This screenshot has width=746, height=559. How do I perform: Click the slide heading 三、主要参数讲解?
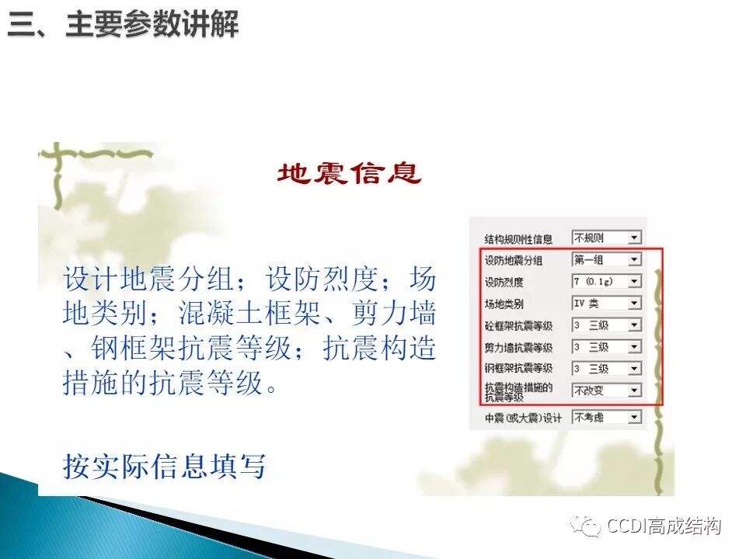124,26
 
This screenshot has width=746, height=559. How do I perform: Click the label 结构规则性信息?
518,238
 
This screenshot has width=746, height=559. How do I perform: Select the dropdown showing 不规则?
606,238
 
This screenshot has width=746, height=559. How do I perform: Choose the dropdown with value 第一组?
606,259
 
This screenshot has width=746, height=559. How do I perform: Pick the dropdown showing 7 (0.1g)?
606,281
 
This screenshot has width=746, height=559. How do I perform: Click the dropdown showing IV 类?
606,304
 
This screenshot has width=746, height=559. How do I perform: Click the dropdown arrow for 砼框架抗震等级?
635,325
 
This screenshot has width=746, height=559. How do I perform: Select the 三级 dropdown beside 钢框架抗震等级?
606,369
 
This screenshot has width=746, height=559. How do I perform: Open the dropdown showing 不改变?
606,391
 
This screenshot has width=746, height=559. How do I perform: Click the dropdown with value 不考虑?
606,418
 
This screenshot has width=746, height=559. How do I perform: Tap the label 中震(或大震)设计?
522,418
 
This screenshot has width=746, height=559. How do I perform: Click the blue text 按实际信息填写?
164,467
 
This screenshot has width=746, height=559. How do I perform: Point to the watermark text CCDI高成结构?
664,526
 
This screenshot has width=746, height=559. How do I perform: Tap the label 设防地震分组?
514,260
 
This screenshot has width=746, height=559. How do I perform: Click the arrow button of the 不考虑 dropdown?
635,418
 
